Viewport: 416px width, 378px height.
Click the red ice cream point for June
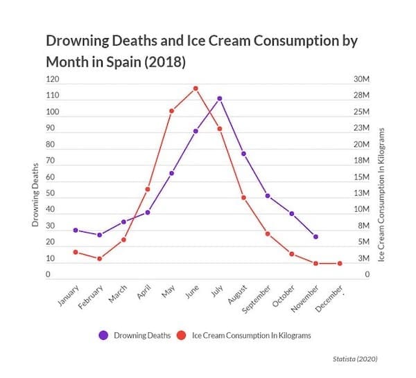[196, 89]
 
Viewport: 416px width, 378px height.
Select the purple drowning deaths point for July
[220, 98]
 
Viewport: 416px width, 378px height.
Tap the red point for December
[340, 263]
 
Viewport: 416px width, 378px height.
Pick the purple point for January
[76, 230]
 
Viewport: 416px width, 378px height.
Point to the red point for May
[171, 111]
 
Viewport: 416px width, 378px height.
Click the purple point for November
[315, 237]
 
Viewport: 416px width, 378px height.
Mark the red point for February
[99, 259]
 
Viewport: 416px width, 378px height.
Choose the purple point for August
[243, 153]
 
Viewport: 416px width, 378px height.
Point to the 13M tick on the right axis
[363, 194]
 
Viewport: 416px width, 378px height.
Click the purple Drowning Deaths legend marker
[104, 335]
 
